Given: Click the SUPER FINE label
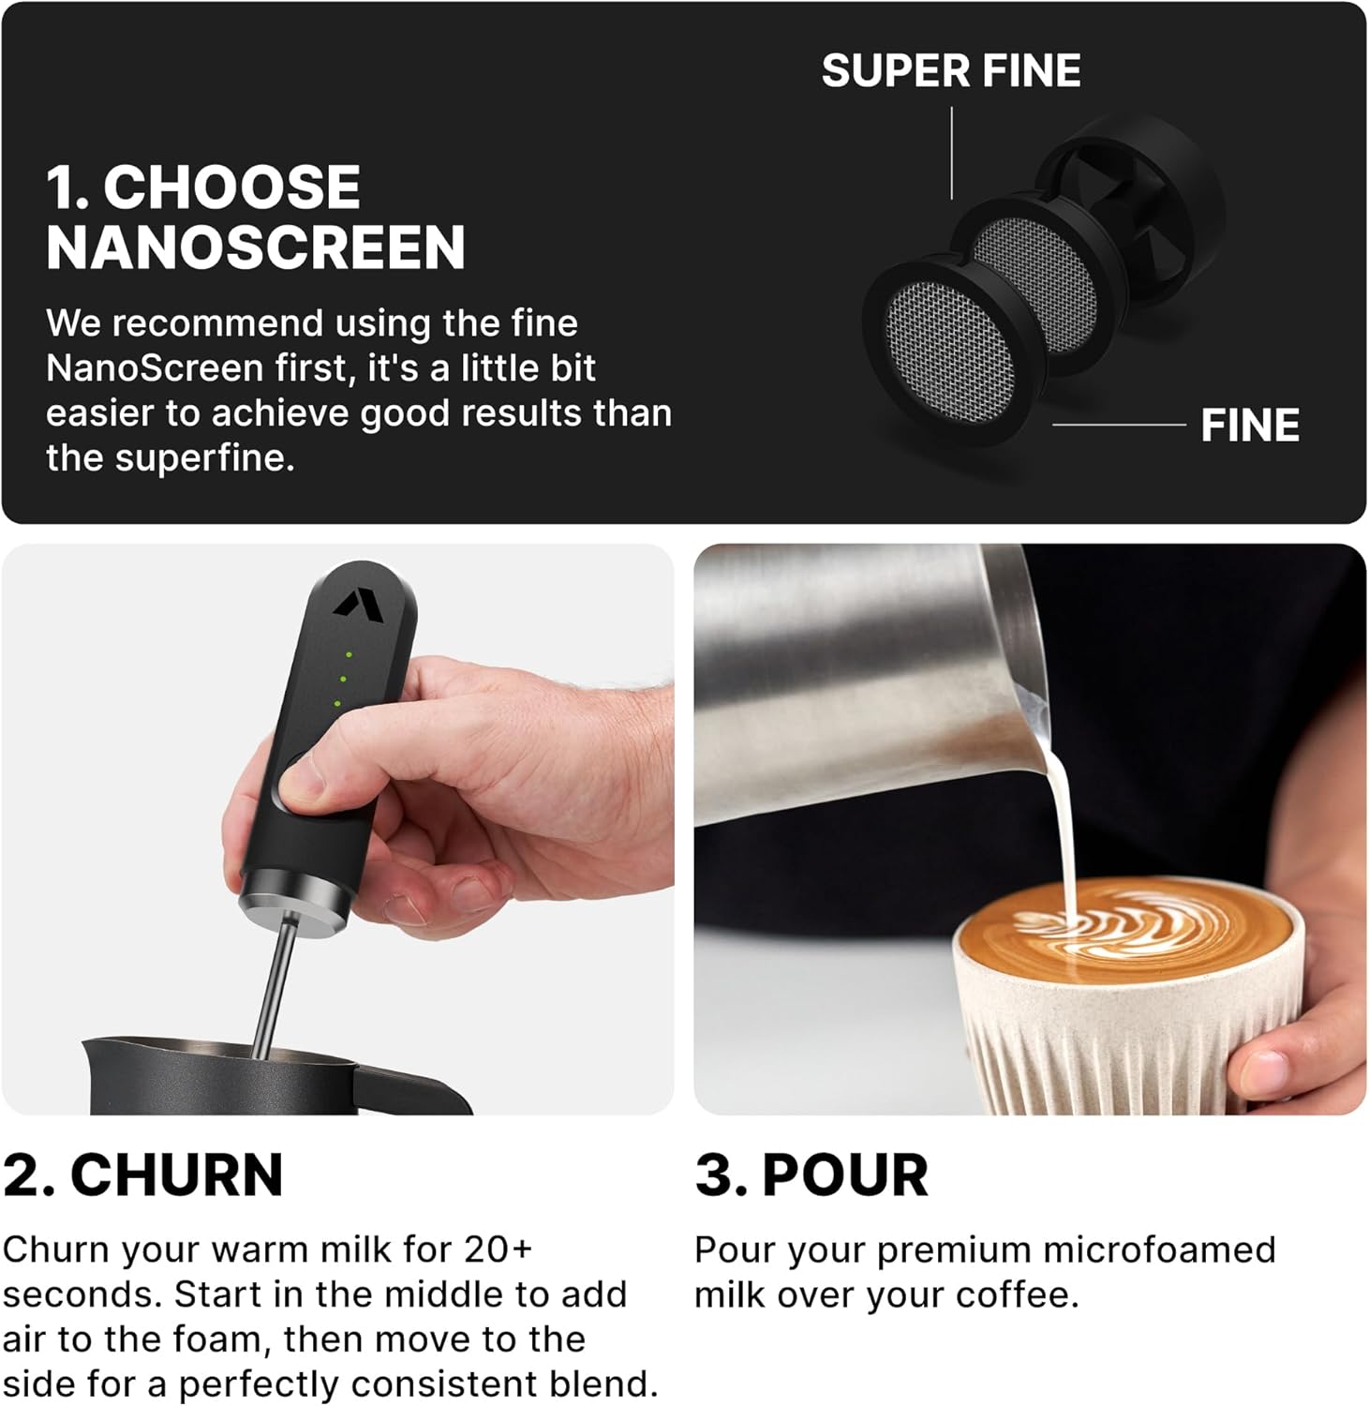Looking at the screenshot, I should pos(950,71).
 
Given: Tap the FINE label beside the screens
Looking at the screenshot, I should pos(1249,426).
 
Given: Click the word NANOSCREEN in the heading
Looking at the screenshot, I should pos(256,247).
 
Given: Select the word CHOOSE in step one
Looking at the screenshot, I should pos(231,187).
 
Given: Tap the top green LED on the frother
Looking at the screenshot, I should pos(349,654).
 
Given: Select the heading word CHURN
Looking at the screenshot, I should pos(176,1175).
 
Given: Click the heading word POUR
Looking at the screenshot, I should pos(844,1175).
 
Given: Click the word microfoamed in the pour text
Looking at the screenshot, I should pos(1159,1249).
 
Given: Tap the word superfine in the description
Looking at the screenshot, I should pos(204,458).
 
